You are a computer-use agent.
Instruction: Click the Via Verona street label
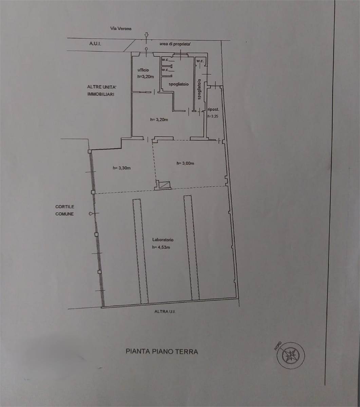coord(120,28)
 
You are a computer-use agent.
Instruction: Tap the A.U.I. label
coord(95,44)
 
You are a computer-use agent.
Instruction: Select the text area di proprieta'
coord(175,44)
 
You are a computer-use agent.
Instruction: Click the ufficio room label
coord(143,70)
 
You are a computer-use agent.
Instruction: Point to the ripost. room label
coord(213,110)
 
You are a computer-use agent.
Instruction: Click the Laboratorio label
coord(163,240)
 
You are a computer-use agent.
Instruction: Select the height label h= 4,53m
coord(161,247)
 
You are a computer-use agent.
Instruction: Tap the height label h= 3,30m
coord(121,168)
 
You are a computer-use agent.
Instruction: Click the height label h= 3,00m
coord(185,163)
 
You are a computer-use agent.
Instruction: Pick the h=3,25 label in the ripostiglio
coord(213,116)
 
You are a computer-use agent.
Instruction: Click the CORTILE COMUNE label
coord(65,210)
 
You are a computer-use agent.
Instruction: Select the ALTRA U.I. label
coord(165,312)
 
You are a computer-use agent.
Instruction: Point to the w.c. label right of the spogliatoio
coord(200,61)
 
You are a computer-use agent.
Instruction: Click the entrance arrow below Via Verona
coord(147,35)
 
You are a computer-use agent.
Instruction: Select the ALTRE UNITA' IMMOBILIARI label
coord(102,91)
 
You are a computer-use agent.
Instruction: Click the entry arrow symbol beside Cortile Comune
coord(91,214)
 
